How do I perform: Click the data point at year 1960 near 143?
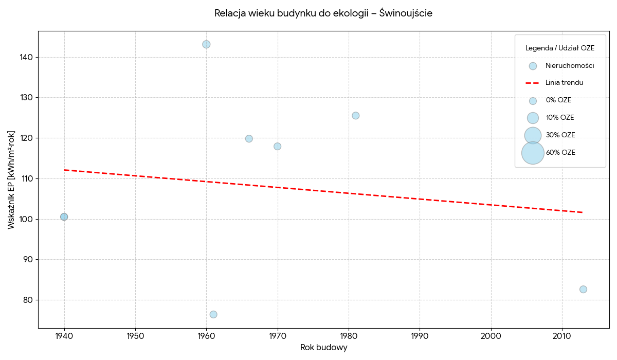[x=206, y=44]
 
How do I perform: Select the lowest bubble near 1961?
[x=213, y=314]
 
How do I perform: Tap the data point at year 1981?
[x=356, y=116]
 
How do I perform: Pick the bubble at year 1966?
[x=249, y=138]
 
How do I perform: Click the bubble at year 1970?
[x=277, y=146]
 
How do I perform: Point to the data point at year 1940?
[x=64, y=217]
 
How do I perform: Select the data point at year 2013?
[x=583, y=289]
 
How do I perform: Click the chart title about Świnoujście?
[x=323, y=13]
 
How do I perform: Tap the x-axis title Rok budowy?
[x=323, y=348]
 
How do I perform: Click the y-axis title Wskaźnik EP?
[x=11, y=180]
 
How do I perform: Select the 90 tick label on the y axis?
[x=28, y=260]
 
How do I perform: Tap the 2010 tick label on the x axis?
[x=562, y=336]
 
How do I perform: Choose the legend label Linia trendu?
[x=565, y=83]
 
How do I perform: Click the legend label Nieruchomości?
[x=570, y=65]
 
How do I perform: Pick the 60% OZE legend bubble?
[x=533, y=153]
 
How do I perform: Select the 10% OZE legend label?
[x=560, y=118]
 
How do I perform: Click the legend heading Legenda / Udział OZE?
[x=560, y=48]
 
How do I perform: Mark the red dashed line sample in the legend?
[x=532, y=83]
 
